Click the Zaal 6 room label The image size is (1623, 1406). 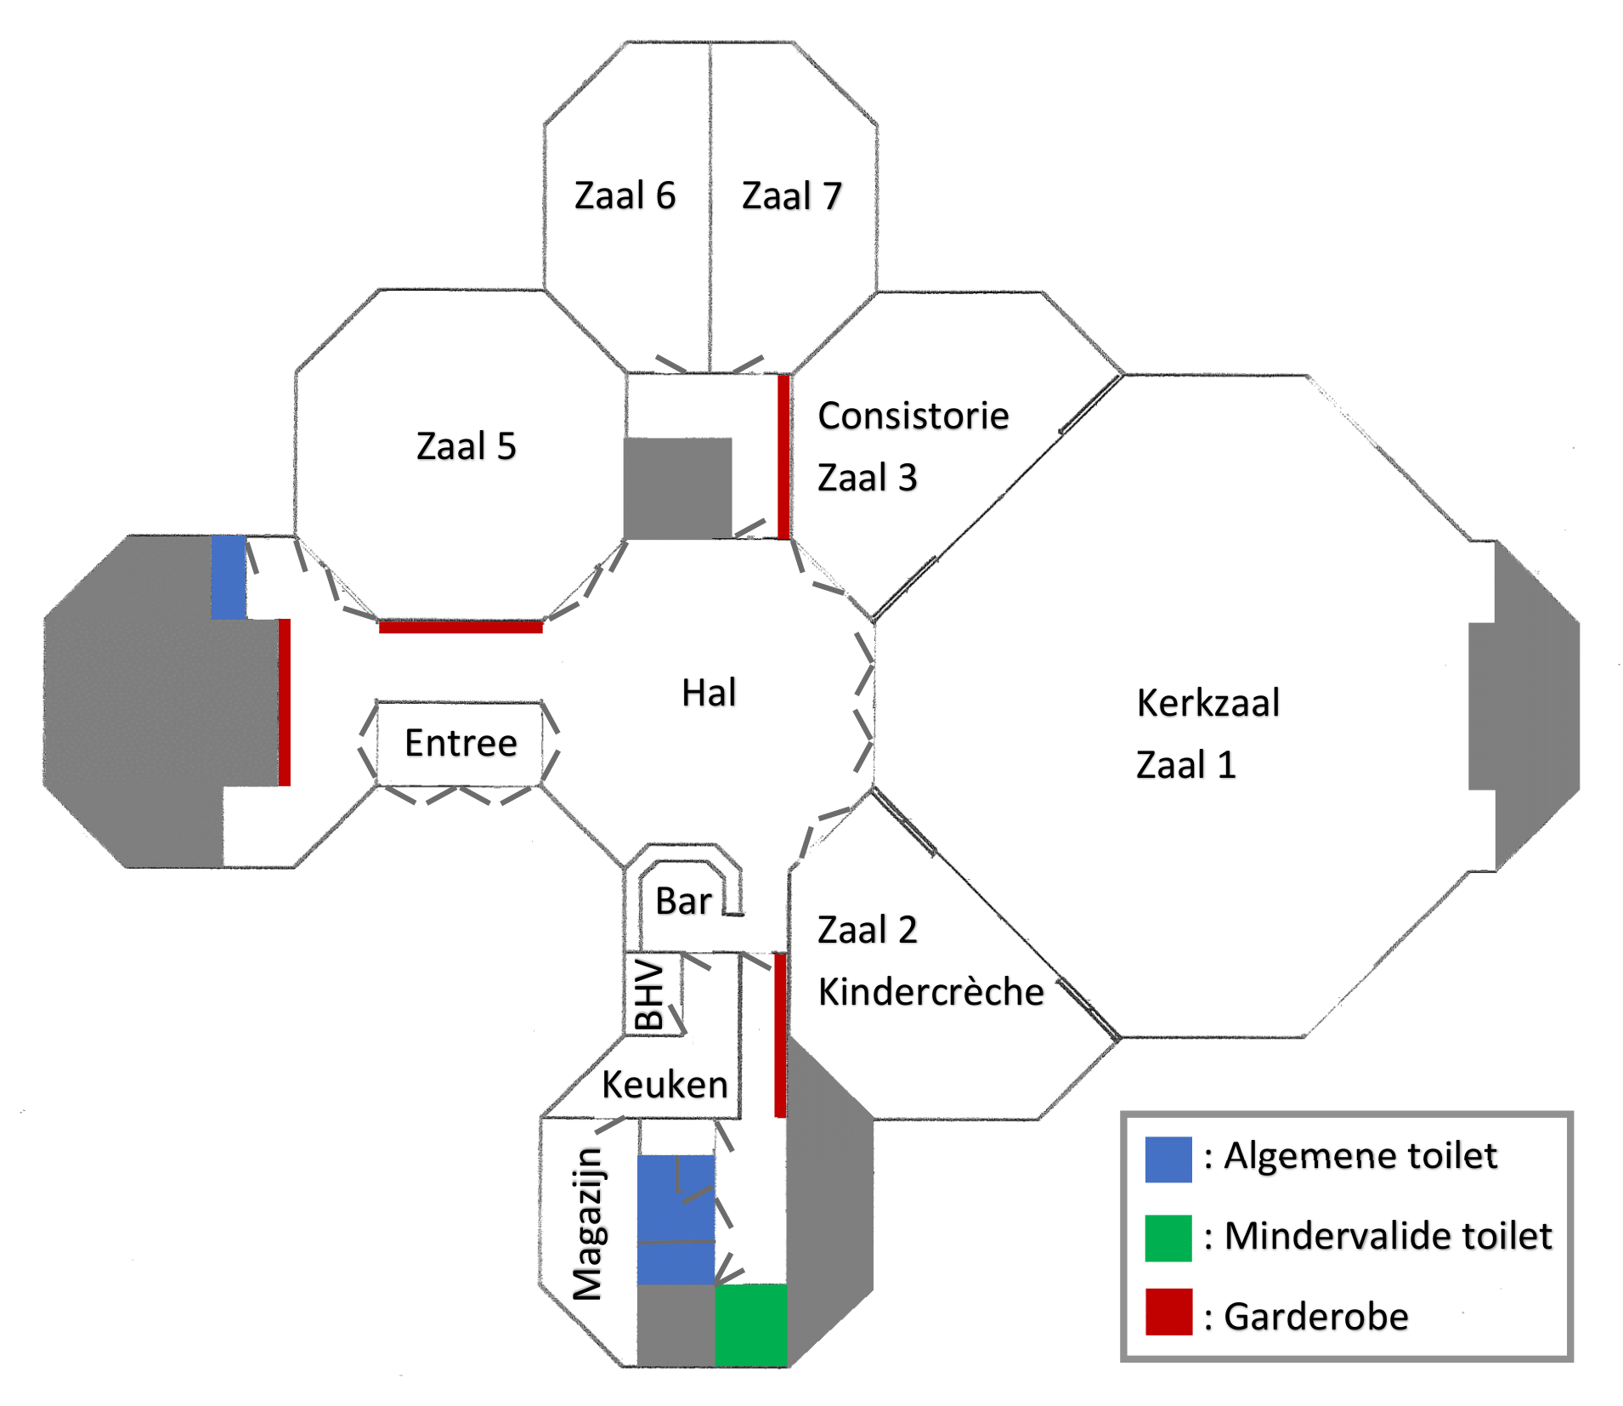tap(625, 196)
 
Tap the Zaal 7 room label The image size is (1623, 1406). tap(791, 196)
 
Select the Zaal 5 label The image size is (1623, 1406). tap(466, 446)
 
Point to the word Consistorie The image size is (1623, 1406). tap(913, 416)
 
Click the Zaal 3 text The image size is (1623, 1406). tap(867, 478)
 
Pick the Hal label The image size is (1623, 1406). tap(709, 693)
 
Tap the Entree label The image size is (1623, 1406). tap(461, 743)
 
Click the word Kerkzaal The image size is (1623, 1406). tap(1207, 703)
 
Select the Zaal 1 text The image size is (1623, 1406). tap(1185, 765)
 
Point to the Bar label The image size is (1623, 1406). tap(683, 901)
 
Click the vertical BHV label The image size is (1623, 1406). tap(649, 995)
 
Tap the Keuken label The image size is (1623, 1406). tap(664, 1085)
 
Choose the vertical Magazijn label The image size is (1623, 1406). tap(588, 1224)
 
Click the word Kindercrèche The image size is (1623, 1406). tap(930, 992)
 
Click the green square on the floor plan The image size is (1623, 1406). tap(750, 1324)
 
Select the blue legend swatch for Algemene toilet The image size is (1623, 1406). tap(1168, 1159)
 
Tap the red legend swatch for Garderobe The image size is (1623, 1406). tap(1168, 1312)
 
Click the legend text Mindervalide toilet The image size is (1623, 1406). tap(1388, 1236)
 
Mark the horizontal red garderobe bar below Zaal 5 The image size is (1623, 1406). tap(461, 627)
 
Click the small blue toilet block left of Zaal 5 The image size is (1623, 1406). tap(229, 576)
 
